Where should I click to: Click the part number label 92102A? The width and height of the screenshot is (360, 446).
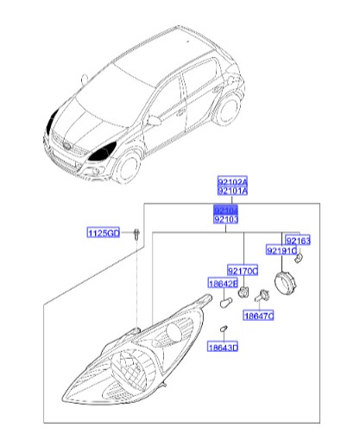(x=231, y=183)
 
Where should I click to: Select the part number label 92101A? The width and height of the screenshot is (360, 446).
(x=231, y=193)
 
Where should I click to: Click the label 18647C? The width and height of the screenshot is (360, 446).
(x=257, y=317)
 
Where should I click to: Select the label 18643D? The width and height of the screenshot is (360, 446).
(x=222, y=348)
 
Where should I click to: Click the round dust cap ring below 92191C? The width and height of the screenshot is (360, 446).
(x=285, y=281)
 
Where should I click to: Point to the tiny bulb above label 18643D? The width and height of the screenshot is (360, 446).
(x=223, y=330)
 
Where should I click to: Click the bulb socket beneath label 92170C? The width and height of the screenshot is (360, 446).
(x=243, y=293)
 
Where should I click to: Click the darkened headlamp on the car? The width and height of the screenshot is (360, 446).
(x=107, y=151)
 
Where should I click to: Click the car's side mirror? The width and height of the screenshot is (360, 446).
(x=154, y=121)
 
